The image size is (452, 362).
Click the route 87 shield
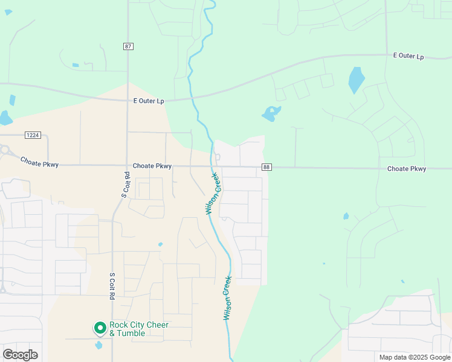click(x=128, y=46)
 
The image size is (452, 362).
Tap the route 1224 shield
click(x=33, y=135)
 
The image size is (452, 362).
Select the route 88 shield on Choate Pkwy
click(x=266, y=167)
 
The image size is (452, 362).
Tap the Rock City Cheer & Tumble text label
click(x=139, y=329)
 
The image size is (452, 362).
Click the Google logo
click(x=20, y=355)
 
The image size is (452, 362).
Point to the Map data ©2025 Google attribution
click(x=414, y=357)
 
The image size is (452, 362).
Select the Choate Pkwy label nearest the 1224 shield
click(x=39, y=162)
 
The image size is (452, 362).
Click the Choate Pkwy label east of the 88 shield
click(x=407, y=169)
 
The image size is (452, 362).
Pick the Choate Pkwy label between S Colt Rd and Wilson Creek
click(x=152, y=166)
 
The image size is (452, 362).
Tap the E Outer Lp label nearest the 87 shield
click(x=149, y=101)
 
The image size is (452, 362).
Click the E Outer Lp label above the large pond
click(x=408, y=56)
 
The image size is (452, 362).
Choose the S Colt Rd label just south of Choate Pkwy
click(x=126, y=185)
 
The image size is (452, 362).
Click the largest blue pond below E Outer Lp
click(x=356, y=80)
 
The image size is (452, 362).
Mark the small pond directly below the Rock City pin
click(x=99, y=346)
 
